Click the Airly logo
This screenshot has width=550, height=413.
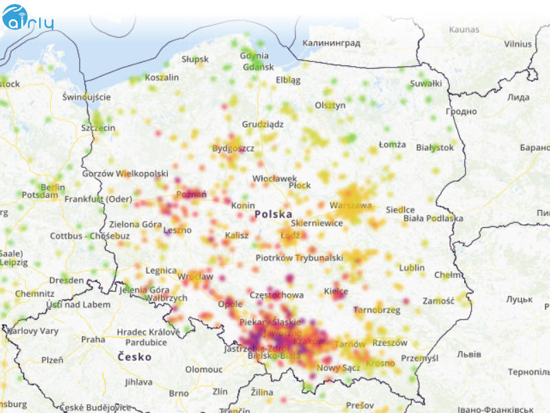(x=27, y=19)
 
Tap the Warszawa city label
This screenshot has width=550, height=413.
(x=351, y=205)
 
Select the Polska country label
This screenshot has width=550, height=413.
(x=273, y=215)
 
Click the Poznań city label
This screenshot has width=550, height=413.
(x=192, y=195)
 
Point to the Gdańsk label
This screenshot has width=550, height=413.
(x=258, y=67)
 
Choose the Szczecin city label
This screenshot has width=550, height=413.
(x=98, y=128)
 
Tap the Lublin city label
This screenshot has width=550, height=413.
(x=412, y=267)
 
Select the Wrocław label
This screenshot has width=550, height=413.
(x=195, y=276)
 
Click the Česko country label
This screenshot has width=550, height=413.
(x=134, y=357)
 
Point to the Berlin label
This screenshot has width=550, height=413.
(x=52, y=187)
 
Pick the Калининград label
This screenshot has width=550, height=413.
(x=331, y=43)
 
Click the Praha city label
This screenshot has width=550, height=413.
(x=93, y=339)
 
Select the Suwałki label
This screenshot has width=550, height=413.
(x=426, y=83)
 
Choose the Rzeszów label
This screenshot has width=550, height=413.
(x=390, y=343)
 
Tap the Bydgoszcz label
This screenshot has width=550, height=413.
(x=233, y=148)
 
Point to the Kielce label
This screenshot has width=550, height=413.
(x=335, y=291)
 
